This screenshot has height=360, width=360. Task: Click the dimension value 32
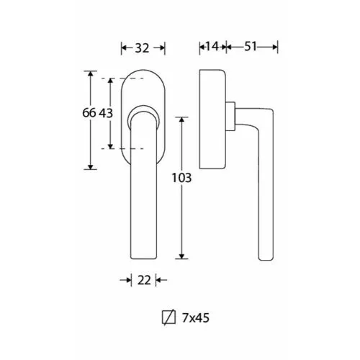point(142,48)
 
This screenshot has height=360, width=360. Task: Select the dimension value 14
point(212,46)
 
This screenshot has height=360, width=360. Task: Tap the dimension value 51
point(251,46)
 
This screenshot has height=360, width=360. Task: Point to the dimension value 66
point(89,113)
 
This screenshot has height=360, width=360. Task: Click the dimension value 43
point(106,113)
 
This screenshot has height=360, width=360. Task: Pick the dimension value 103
point(181,178)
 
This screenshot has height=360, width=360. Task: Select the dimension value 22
point(144,280)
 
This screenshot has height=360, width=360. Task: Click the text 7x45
point(196,318)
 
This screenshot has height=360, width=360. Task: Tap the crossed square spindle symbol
point(168,317)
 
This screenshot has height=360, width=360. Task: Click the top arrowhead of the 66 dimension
point(91,73)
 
